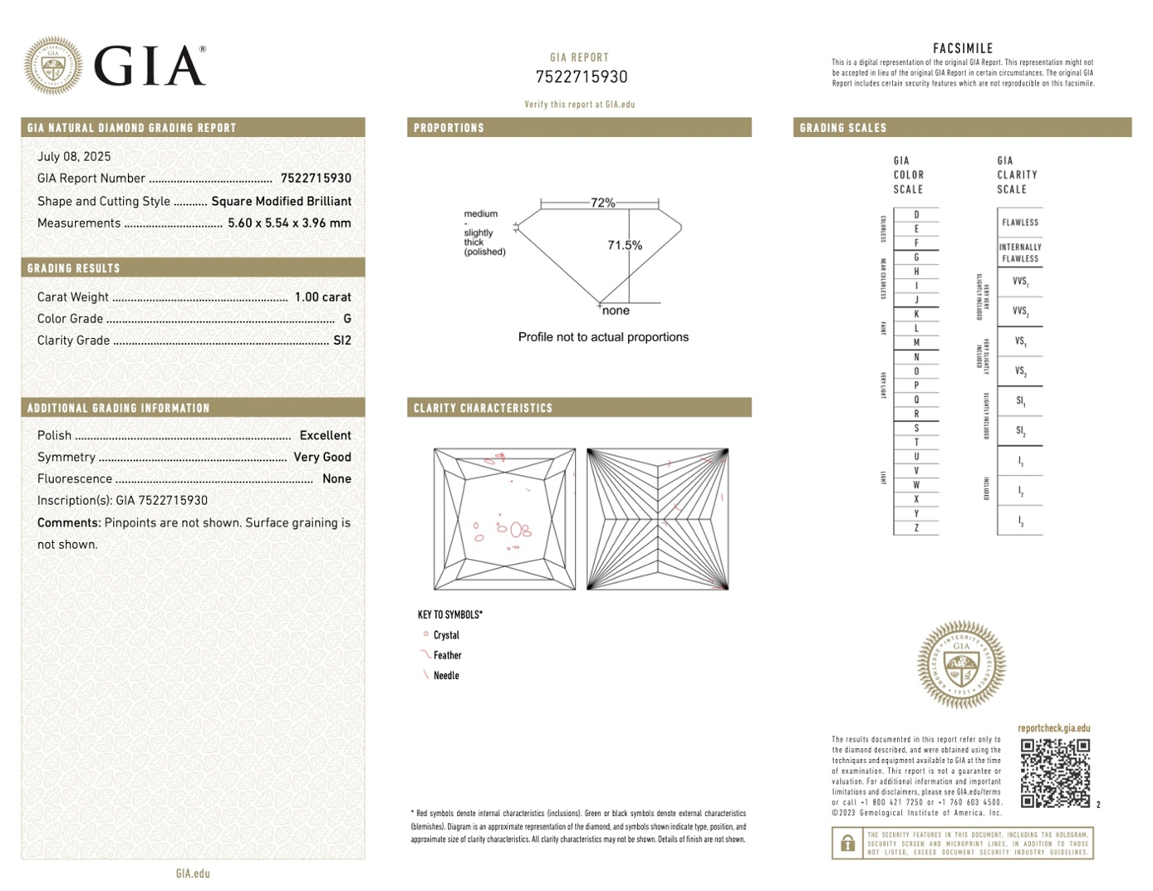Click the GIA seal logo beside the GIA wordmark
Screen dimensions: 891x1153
point(54,65)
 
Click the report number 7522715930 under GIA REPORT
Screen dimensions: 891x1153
point(581,77)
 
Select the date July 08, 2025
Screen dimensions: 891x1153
point(74,157)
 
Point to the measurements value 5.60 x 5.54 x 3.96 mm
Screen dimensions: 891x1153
point(289,223)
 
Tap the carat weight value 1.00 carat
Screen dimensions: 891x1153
point(323,297)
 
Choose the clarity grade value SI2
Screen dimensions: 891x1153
point(342,340)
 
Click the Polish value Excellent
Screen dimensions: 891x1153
point(325,436)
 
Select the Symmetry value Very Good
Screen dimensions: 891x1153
point(322,457)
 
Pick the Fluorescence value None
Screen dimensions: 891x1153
point(337,478)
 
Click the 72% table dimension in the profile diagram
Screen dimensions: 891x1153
point(602,203)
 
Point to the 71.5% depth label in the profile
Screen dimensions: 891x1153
point(625,245)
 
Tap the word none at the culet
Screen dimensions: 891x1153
point(616,311)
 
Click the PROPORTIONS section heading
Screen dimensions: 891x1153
point(449,128)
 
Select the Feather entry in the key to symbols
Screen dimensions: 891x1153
point(447,655)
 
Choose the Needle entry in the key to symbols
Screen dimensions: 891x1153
point(446,676)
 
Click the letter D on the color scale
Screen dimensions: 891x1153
point(916,215)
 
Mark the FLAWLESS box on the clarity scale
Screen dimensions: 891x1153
point(1020,223)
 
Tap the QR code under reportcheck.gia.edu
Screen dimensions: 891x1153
point(1055,773)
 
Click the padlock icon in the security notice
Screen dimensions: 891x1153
point(848,844)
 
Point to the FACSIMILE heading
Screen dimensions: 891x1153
point(962,49)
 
